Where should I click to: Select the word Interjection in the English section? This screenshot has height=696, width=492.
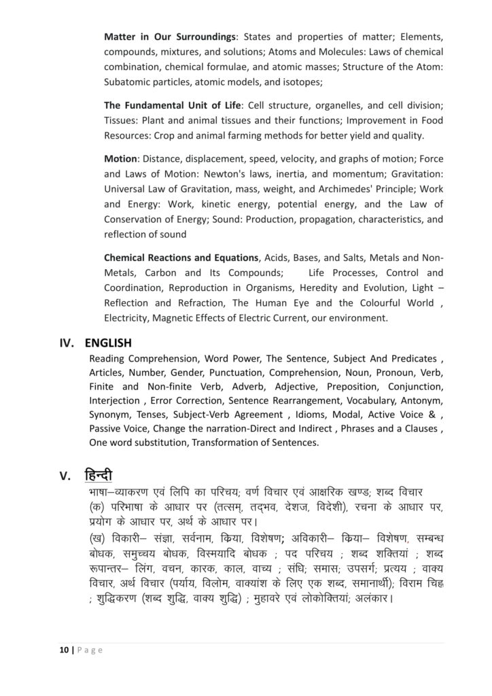tap(114, 400)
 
